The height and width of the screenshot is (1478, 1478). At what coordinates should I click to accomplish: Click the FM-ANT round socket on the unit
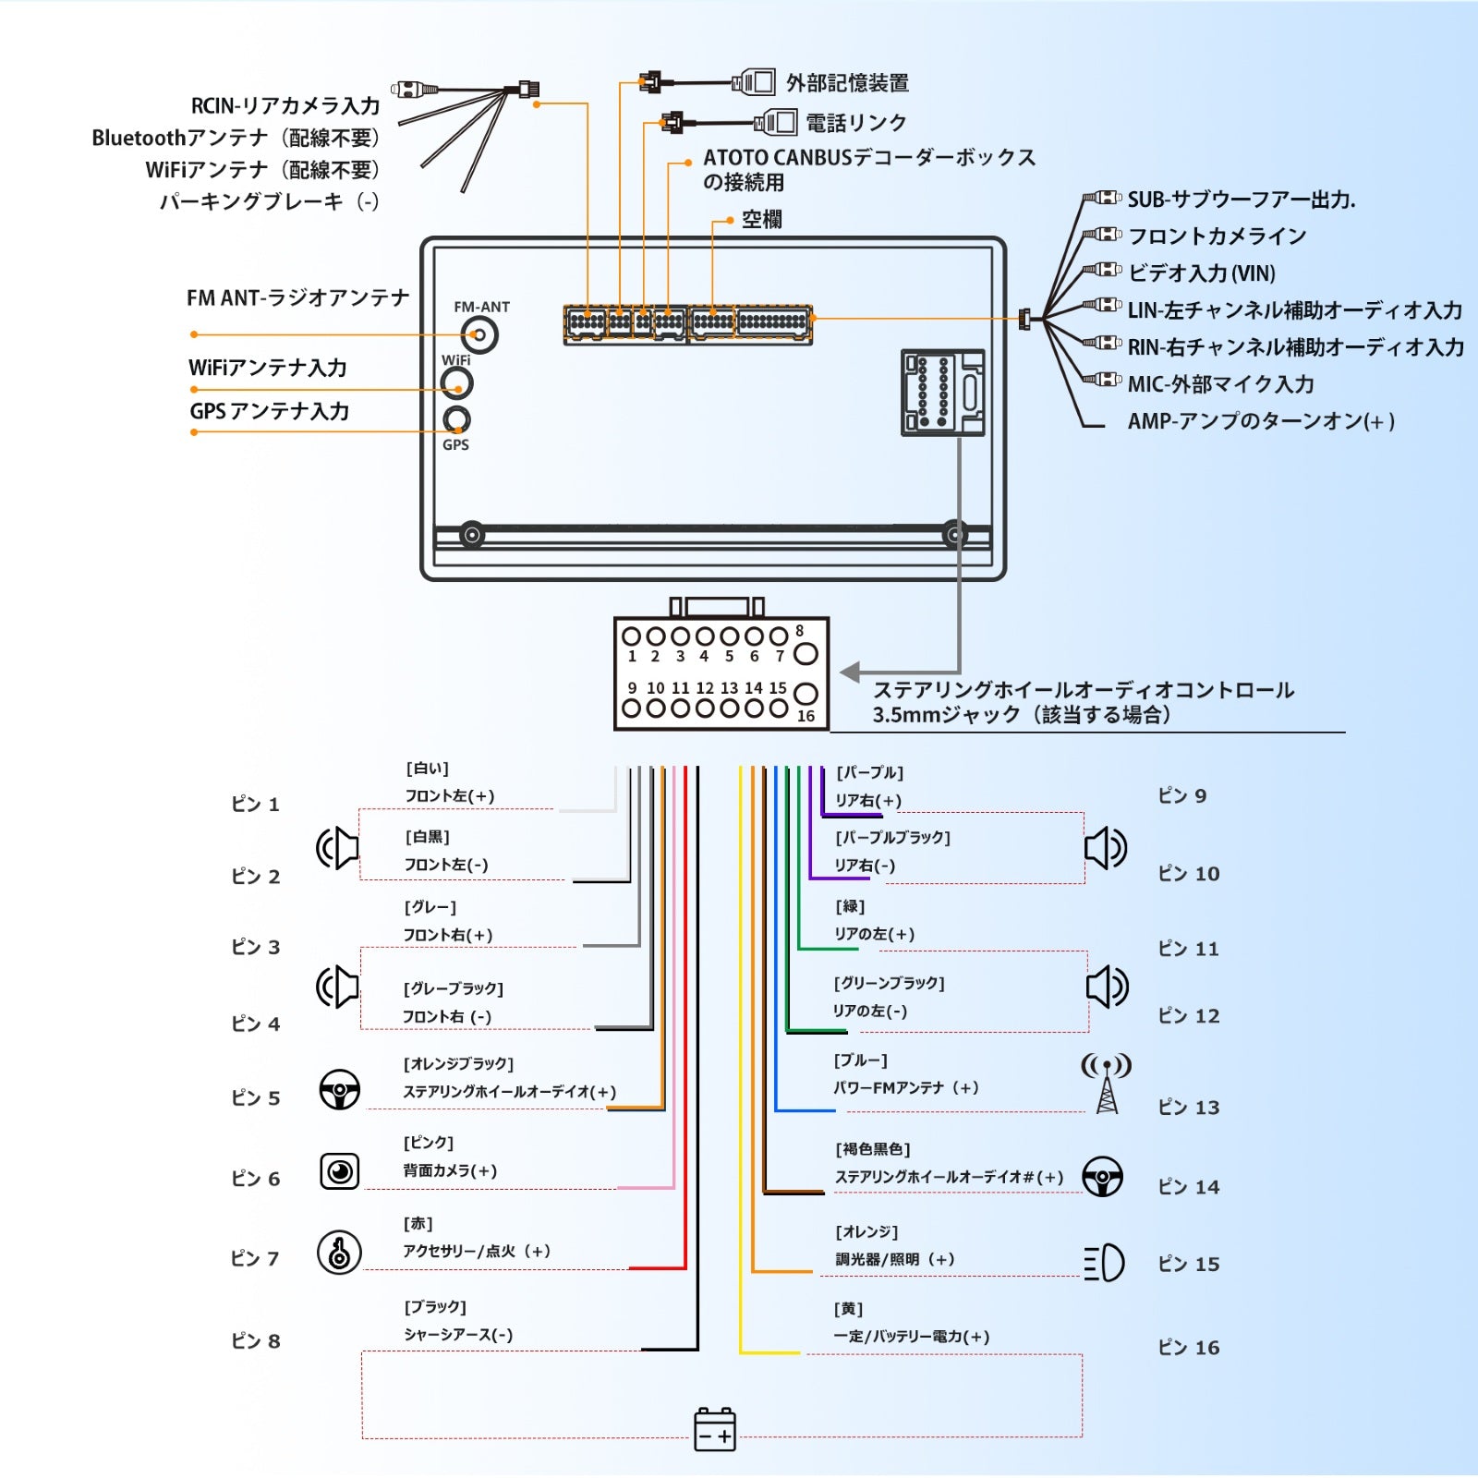coord(479,334)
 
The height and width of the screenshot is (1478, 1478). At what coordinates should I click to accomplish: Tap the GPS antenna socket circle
coord(456,419)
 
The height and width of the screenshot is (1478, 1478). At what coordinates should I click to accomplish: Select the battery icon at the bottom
coord(715,1429)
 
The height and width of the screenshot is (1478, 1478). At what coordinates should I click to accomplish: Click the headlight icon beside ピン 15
coord(1104,1263)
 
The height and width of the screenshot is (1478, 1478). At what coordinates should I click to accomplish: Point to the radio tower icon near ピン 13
coord(1107,1084)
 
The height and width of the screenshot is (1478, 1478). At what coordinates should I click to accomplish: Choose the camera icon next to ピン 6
coord(340,1171)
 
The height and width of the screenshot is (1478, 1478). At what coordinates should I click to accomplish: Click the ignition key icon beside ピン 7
coord(339,1253)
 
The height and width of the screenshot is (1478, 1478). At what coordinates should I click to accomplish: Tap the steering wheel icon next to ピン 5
coord(339,1089)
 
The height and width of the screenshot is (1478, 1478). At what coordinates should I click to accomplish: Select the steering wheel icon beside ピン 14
coord(1103,1176)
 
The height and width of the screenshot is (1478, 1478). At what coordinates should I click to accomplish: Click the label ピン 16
coord(1189,1347)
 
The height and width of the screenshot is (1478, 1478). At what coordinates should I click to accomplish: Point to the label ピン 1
coord(255,804)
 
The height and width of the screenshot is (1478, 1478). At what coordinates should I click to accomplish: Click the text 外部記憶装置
coord(847,83)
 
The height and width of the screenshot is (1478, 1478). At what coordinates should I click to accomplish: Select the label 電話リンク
coord(856,123)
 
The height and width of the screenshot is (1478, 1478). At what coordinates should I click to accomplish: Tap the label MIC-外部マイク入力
coord(1220,384)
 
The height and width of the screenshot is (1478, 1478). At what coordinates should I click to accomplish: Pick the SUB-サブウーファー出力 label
coord(1241,200)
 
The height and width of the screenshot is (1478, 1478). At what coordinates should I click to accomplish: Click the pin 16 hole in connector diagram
coord(806,694)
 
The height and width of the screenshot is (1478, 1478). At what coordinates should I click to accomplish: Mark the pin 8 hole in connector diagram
coord(806,654)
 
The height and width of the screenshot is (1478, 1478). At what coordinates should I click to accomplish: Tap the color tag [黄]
coord(848,1309)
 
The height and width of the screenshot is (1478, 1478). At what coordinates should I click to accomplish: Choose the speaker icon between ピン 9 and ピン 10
coord(1105,848)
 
